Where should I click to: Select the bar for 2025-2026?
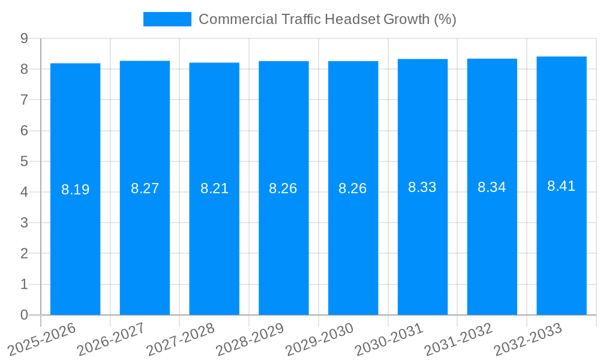click(x=75, y=240)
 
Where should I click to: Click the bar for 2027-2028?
click(x=214, y=240)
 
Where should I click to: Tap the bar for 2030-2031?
click(x=422, y=240)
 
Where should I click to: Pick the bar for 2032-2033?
click(x=561, y=240)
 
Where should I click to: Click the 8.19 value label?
click(x=75, y=190)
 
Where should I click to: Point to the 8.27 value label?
click(x=145, y=188)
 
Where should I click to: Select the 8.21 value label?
click(x=214, y=188)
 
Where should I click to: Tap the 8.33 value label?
click(x=422, y=187)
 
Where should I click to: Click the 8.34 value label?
click(x=491, y=187)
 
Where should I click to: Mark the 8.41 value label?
click(x=561, y=186)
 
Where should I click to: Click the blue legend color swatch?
click(x=167, y=19)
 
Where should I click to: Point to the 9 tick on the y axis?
click(x=24, y=38)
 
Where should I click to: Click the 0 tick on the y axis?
click(x=24, y=315)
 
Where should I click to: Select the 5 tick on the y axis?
click(x=24, y=161)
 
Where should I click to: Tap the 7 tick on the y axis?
click(x=24, y=100)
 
